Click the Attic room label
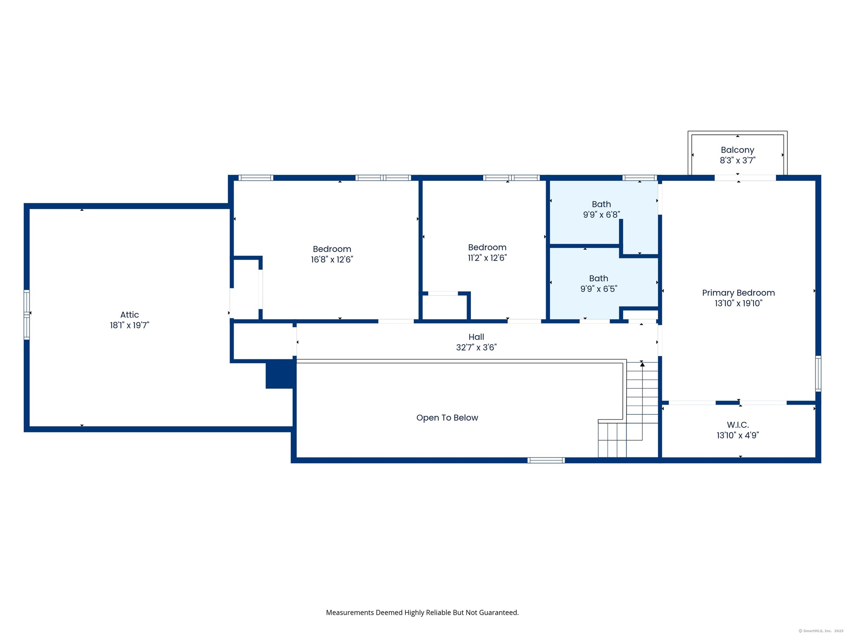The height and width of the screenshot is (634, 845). point(129,315)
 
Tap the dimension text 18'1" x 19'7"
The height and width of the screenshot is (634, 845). point(129,325)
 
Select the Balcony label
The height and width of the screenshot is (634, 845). point(738,150)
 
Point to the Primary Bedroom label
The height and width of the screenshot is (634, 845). point(738,293)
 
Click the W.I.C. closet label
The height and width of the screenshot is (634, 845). point(738,425)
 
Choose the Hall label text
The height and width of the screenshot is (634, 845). point(476,337)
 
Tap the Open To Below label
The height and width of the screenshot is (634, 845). point(447,418)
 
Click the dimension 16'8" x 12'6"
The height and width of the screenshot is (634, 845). point(332,260)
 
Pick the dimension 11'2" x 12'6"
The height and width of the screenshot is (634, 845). point(487,258)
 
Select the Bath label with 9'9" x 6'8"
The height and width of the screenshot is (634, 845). point(601,204)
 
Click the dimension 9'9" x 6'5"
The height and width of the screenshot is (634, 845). point(599,289)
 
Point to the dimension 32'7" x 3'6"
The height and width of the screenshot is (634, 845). point(476,347)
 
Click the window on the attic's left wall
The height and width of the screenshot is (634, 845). point(27,315)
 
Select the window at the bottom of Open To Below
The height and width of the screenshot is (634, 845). point(546,461)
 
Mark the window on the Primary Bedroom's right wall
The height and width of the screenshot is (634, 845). point(818,373)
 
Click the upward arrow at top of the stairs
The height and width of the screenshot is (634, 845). point(642,364)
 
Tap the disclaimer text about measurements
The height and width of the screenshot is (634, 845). point(422,612)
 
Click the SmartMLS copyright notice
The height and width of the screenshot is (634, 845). point(821,631)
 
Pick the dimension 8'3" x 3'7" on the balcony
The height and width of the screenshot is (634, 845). point(738,161)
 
